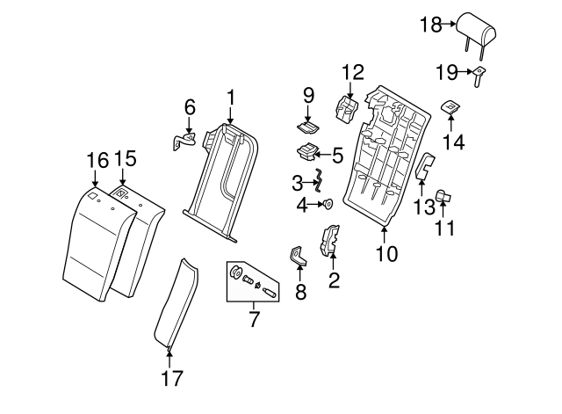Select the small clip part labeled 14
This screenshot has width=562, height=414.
click(450, 107)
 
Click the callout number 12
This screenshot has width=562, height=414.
click(352, 71)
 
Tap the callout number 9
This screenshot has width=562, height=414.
click(308, 94)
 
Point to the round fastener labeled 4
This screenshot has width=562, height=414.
click(328, 205)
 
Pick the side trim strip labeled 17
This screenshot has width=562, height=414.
click(173, 303)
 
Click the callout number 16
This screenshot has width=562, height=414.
click(97, 160)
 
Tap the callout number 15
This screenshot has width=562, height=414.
click(126, 158)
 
